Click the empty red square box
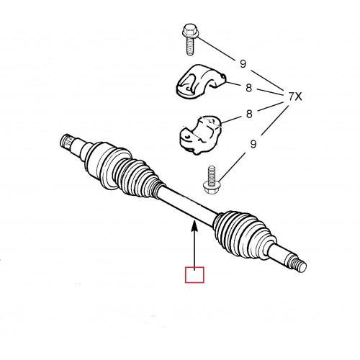(x=194, y=274)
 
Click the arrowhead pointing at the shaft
(x=194, y=227)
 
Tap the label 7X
(x=294, y=96)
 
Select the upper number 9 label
(x=243, y=64)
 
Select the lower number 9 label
(x=253, y=144)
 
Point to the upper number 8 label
(x=249, y=88)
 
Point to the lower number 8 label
(x=249, y=114)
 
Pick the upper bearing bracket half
(x=200, y=81)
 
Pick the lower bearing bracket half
(x=200, y=135)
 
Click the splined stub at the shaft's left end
(x=66, y=143)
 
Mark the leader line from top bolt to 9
(x=217, y=48)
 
